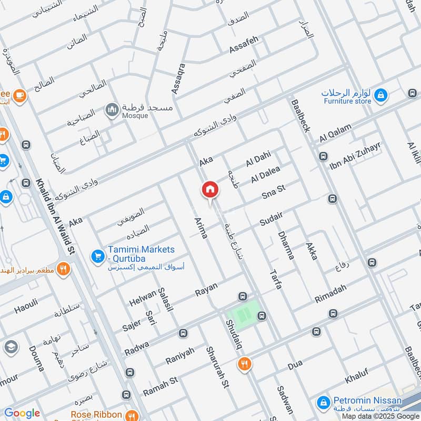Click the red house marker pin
coord(209,189)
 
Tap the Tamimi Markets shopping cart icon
coord(97,256)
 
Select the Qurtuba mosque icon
coord(112,109)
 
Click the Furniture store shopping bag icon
coord(382,96)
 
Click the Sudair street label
coord(272,218)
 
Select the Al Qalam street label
coord(335,135)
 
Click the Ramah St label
coord(161,387)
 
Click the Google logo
coord(22,413)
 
